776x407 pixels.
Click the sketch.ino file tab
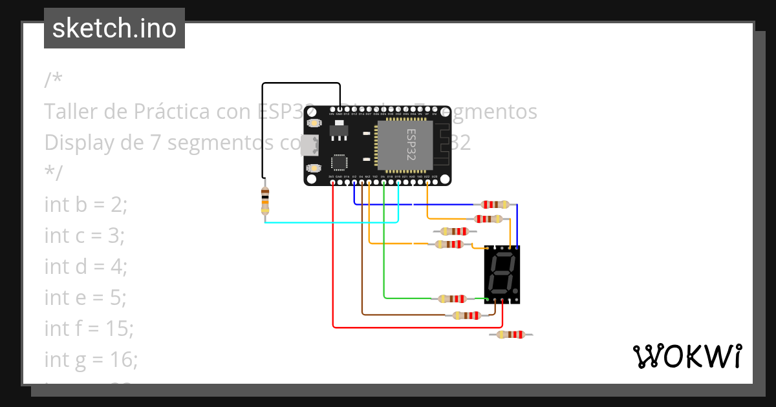tap(114, 28)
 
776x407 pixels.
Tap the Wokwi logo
tap(687, 356)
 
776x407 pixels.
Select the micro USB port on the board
tap(311, 145)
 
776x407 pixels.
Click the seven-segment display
tap(502, 274)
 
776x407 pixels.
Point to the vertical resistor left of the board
tap(264, 201)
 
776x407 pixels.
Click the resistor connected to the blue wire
tap(492, 205)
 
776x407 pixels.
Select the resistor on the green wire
tap(451, 298)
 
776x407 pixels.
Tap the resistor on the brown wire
tap(466, 315)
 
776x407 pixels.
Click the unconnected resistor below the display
tap(511, 335)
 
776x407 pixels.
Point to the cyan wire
tap(330, 222)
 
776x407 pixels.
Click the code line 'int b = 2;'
tap(86, 205)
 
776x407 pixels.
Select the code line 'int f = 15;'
tap(89, 329)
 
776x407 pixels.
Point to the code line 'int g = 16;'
tap(91, 360)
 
